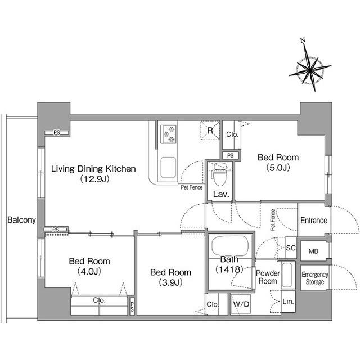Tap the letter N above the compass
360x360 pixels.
tap(303, 40)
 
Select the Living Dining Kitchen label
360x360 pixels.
tap(93, 174)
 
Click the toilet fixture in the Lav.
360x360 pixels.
tap(220, 174)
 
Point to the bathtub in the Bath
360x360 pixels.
tap(230, 246)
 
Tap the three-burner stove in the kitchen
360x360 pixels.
tap(169, 134)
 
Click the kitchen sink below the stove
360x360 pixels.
tap(168, 167)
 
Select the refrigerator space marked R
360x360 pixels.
tap(210, 130)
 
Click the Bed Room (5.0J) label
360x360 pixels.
tap(278, 163)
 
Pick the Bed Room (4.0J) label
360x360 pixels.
tap(89, 266)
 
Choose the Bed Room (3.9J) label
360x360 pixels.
tap(170, 277)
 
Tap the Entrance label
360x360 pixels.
tap(314, 220)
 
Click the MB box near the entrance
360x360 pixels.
tap(314, 251)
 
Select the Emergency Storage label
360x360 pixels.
tap(315, 278)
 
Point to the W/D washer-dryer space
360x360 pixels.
tap(241, 304)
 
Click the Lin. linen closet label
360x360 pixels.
tap(288, 301)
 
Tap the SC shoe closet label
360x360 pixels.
tap(291, 248)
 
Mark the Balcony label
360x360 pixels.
tap(21, 220)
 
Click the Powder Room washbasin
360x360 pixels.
tap(287, 275)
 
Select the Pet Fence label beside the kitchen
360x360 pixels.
tap(191, 187)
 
